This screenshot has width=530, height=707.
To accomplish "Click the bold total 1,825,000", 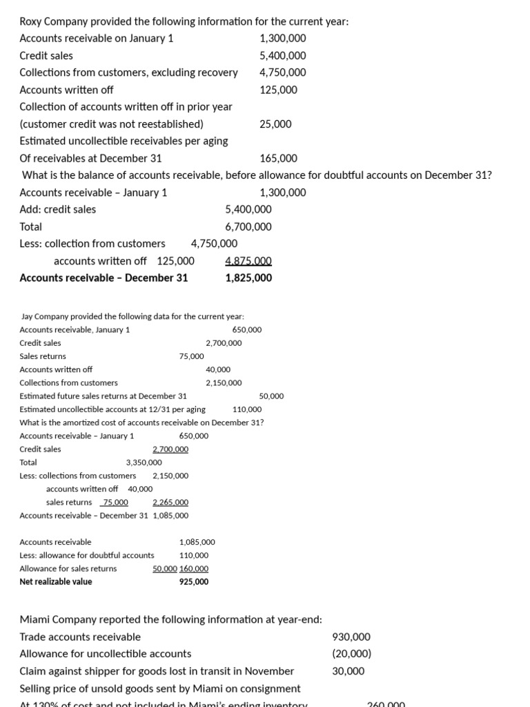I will click(248, 278).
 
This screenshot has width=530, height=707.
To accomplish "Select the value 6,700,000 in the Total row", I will click(248, 226).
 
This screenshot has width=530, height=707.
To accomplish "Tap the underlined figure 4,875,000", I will click(248, 261).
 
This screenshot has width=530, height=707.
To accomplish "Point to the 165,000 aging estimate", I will click(279, 158).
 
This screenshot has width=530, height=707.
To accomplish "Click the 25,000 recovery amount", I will click(275, 124).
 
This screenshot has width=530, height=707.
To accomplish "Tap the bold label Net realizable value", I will click(56, 581).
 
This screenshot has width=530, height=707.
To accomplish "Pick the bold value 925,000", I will click(194, 581).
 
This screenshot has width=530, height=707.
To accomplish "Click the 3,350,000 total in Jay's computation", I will click(144, 462).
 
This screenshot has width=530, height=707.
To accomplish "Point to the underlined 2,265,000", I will click(170, 502).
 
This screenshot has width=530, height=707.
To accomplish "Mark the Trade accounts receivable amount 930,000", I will click(351, 637).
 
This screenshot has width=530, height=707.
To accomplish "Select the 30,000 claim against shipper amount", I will click(349, 670).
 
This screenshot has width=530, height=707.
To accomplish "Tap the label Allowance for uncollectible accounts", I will click(106, 653).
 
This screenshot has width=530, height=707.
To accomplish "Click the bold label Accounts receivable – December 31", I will click(104, 278).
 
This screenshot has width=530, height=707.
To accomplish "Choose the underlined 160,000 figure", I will click(194, 568).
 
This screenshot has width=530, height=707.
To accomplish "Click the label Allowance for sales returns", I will click(68, 568).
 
